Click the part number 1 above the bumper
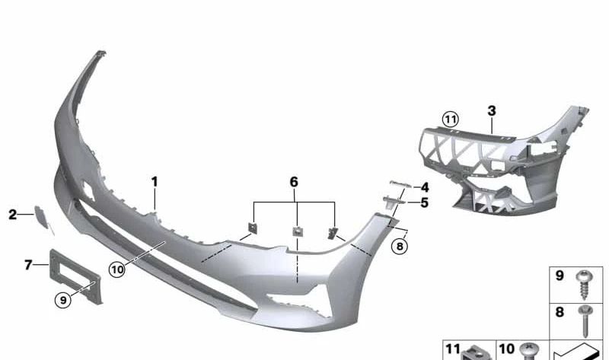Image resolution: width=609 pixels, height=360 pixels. tap(155, 182)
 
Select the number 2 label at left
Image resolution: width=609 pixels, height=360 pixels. tap(13, 215)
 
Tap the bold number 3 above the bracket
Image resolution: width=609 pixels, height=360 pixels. tap(492, 111)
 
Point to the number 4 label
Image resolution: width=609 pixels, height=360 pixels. tap(425, 187)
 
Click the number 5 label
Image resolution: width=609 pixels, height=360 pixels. tap(424, 202)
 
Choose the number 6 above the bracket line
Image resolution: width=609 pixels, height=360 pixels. tap(294, 182)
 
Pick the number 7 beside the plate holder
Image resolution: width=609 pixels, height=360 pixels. tap(28, 265)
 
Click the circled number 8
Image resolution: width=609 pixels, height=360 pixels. tap(400, 246)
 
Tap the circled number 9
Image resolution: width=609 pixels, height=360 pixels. tap(63, 300)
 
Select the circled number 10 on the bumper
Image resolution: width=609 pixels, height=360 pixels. tap(117, 269)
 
